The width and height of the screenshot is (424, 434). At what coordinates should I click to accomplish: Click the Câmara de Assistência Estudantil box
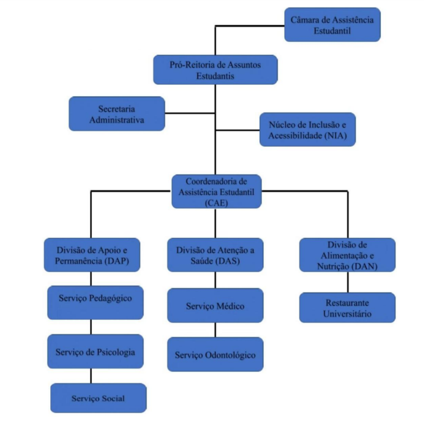pos(332,24)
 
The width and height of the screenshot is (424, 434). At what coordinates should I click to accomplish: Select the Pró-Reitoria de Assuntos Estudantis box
pos(215,70)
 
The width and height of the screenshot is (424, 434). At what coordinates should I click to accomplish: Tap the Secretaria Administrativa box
pos(117,113)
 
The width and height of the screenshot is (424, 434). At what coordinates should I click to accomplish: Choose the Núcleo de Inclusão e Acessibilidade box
pos(307,129)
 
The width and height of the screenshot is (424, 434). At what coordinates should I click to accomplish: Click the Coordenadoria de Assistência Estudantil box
pos(217,191)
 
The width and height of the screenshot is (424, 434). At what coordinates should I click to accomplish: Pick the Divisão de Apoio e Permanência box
pos(92,254)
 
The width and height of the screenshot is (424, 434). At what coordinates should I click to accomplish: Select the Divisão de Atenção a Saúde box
pos(215,254)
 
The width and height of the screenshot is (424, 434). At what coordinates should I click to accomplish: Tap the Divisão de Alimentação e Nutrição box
pos(347,254)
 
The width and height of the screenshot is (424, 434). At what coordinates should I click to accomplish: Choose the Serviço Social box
pos(98,398)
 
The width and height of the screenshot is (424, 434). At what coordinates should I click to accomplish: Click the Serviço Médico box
pos(215,306)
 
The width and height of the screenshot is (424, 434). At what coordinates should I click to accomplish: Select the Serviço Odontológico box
pos(215,354)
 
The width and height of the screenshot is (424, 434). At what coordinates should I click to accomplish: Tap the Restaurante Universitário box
pos(347,307)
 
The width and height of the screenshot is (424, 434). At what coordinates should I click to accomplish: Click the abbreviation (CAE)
pos(217,204)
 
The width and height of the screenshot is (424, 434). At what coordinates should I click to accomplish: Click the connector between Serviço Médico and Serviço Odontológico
pos(215,330)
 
